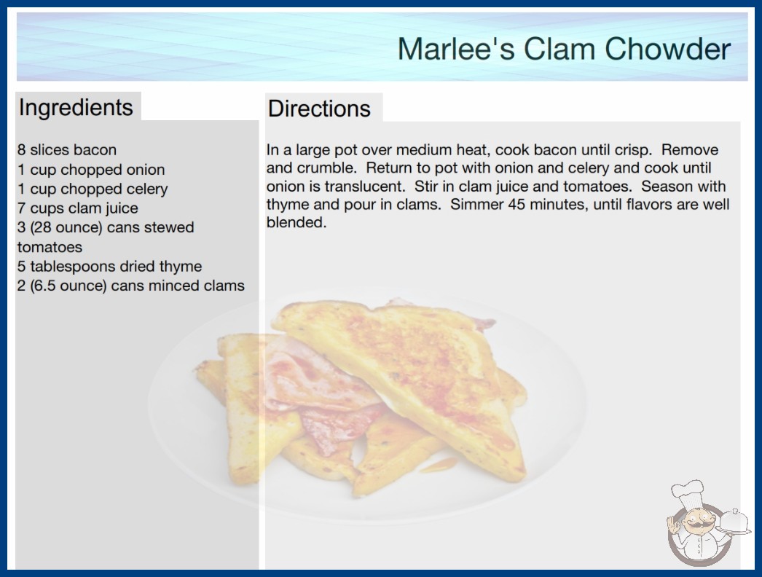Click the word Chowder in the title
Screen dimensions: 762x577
pos(668,49)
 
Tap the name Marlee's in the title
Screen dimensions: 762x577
pos(456,49)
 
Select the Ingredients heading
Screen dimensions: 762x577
pos(76,108)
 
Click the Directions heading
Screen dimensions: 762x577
pos(319,109)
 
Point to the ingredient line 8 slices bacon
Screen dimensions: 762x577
pos(67,150)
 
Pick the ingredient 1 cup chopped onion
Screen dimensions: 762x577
pos(91,170)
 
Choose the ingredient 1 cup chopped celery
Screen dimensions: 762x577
pos(93,189)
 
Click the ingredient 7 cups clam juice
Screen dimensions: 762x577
pos(78,208)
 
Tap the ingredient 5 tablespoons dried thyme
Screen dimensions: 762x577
pos(110,267)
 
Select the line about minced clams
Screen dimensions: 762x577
pos(130,286)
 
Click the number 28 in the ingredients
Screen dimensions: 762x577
pos(42,227)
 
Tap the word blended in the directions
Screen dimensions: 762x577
pos(296,223)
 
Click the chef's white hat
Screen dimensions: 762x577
pos(688,492)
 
